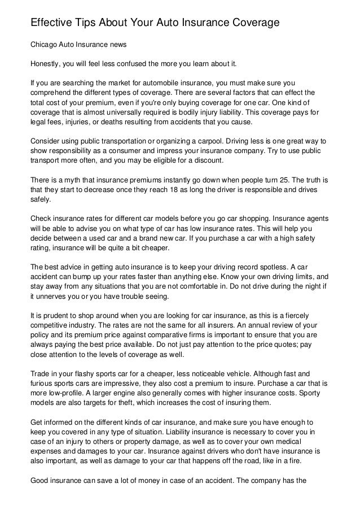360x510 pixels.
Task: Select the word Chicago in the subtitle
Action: [x=45, y=43]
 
